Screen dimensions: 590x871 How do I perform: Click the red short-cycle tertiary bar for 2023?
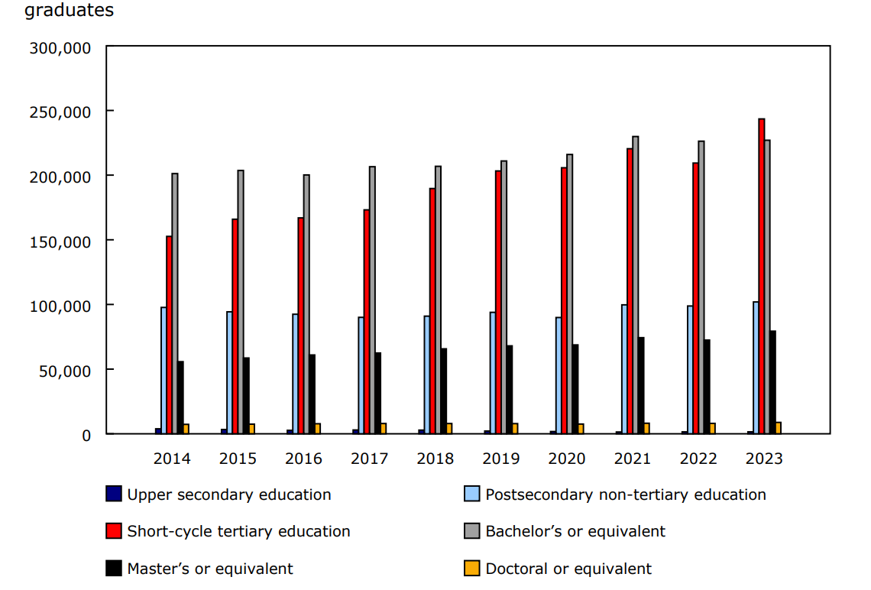point(762,276)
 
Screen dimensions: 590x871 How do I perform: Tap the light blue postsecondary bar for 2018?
point(427,374)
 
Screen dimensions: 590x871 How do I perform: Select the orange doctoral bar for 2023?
point(778,428)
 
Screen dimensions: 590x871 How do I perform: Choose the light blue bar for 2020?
point(559,375)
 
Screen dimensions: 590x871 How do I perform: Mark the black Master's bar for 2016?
point(312,394)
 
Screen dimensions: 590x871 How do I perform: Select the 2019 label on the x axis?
point(501,459)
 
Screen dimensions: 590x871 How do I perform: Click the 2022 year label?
point(698,459)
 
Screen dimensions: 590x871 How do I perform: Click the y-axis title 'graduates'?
point(70,11)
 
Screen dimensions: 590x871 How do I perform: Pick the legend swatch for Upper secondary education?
point(114,494)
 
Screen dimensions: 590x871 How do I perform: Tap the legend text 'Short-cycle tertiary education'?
point(238,531)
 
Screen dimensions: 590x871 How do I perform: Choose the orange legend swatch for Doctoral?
point(472,569)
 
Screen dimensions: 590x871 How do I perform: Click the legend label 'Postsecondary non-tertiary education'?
point(626,494)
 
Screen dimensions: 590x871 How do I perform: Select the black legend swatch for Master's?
point(114,569)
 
